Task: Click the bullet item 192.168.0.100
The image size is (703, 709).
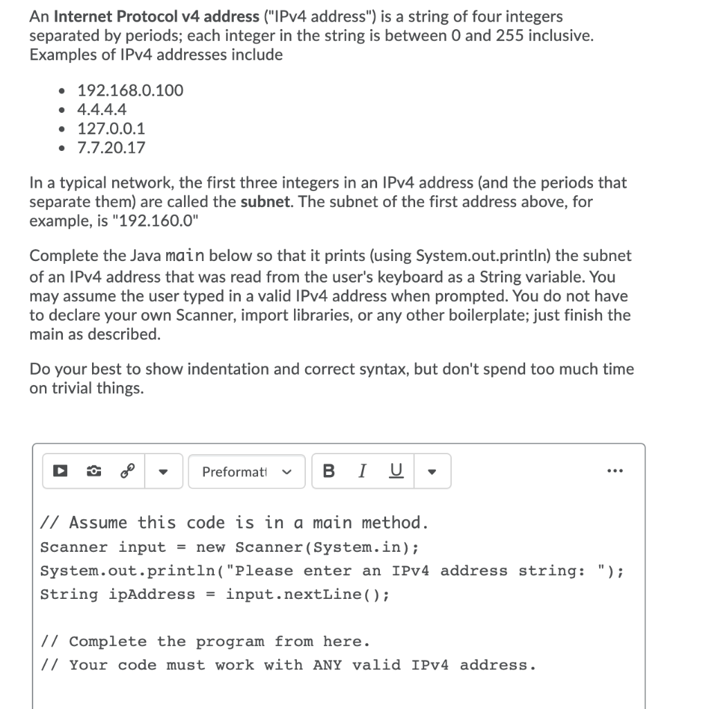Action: point(130,90)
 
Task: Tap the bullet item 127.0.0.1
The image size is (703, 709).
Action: point(111,128)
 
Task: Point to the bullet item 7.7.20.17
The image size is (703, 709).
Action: point(111,147)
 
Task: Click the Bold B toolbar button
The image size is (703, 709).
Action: point(329,472)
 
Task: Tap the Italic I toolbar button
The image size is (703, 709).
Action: point(361,472)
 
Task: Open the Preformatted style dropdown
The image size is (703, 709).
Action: point(246,472)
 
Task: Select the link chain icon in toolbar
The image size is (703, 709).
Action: point(127,472)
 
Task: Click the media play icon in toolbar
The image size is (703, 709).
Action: point(60,472)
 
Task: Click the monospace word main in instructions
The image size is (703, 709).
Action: point(184,256)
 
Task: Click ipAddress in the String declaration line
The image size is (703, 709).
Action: point(152,595)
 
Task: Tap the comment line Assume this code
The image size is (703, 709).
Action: point(234,523)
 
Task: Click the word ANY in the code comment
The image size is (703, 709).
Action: point(327,665)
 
